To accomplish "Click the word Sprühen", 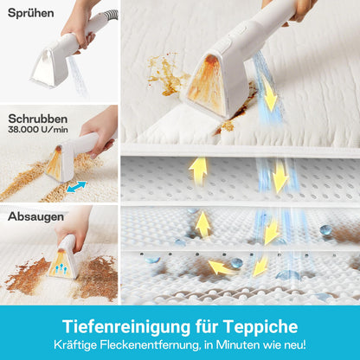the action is point(31,13).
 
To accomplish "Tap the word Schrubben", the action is point(38,119).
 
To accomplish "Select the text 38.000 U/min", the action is point(38,130).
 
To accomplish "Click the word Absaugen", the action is point(35,216).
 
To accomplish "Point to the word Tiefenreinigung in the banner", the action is point(126,326).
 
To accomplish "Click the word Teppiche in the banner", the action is point(260,326).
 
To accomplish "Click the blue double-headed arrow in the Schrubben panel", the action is point(76,187).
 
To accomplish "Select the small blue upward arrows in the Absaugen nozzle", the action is point(61,269).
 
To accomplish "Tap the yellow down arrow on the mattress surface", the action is point(269,93).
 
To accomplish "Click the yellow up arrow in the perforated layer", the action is point(198,170).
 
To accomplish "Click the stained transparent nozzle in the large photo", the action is point(206,83).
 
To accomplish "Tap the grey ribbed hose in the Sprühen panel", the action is point(112,15).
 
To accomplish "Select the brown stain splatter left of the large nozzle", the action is point(166,74).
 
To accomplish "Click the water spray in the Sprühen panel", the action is point(77,75).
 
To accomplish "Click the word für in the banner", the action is point(207,326).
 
